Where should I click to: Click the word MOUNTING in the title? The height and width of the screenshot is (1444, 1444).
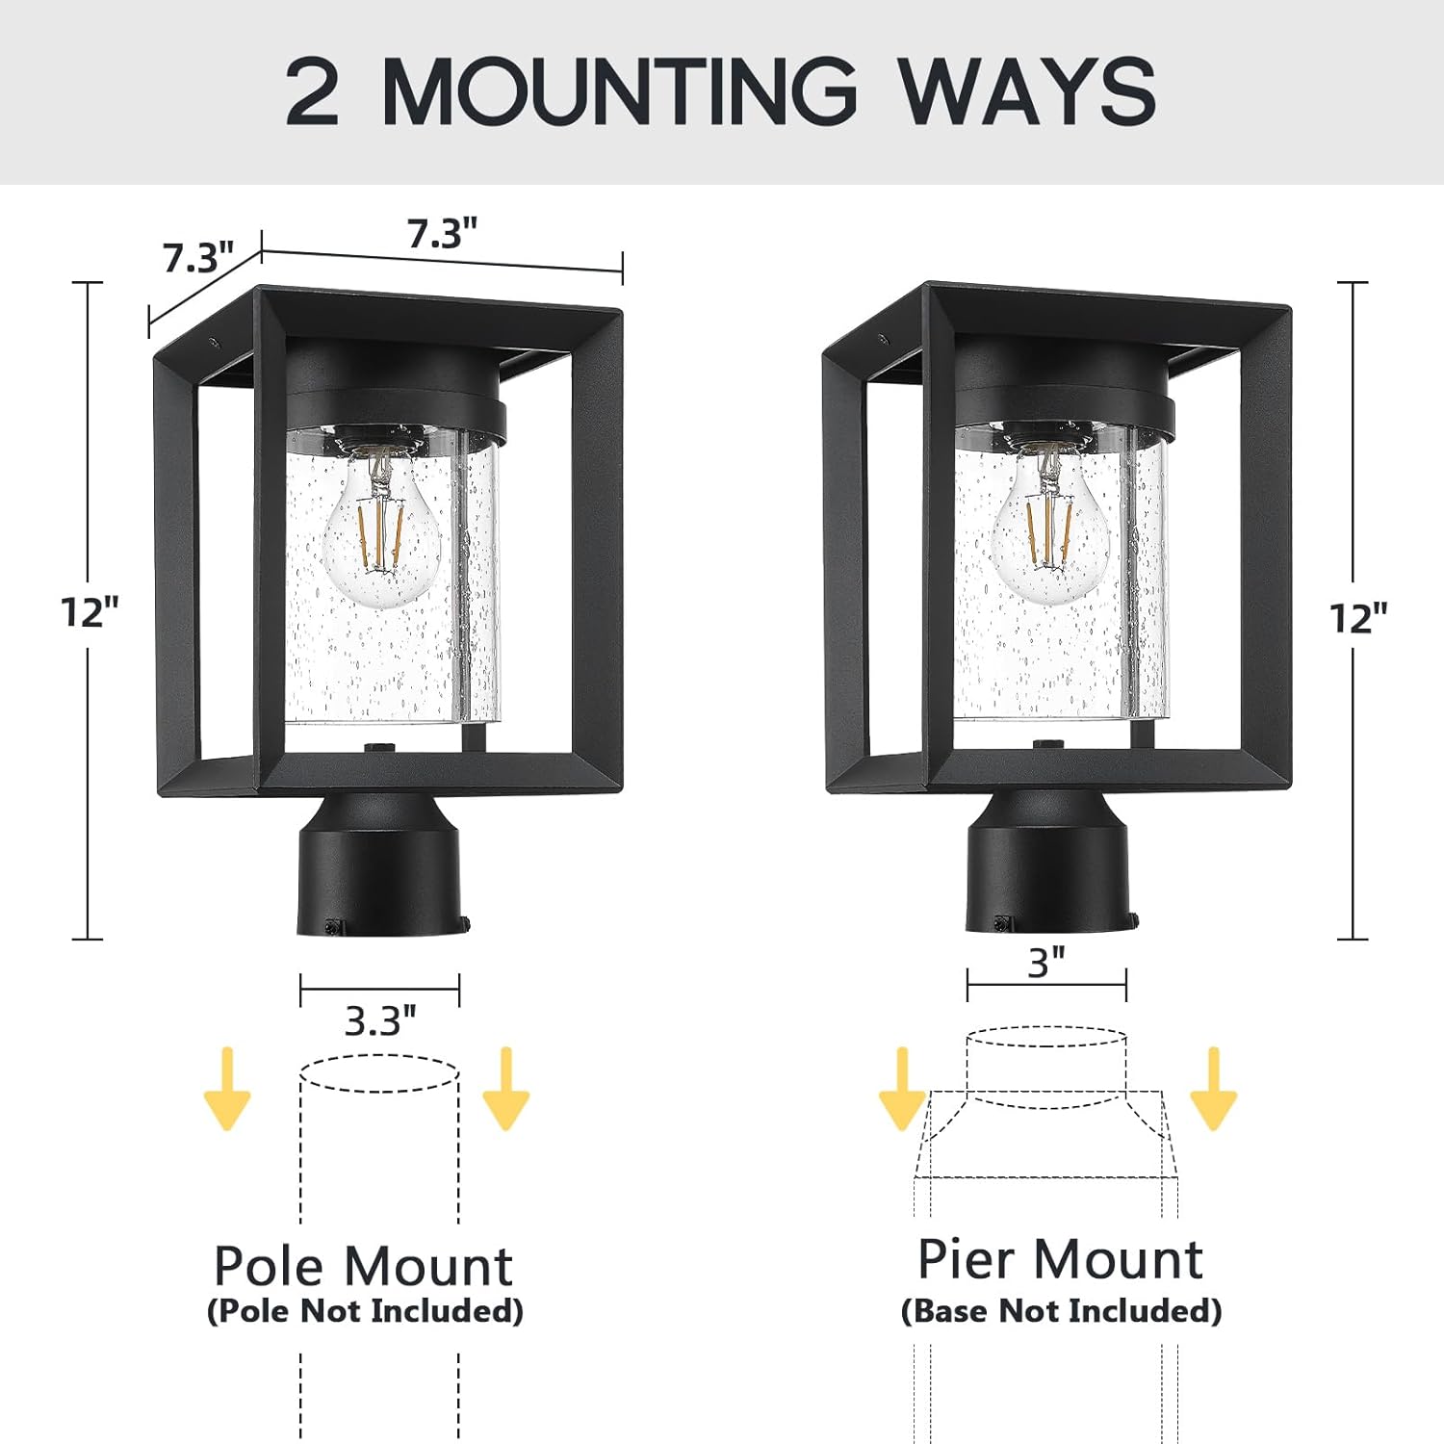pos(619,91)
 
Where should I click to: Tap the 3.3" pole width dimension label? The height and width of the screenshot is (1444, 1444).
pos(380,1020)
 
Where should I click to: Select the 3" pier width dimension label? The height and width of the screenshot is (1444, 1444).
pos(1046,962)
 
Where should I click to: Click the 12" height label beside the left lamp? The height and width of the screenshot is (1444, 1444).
pos(90,612)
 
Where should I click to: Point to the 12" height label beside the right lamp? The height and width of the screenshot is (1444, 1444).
pos(1358,618)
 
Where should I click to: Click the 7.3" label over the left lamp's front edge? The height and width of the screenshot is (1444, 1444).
pos(442,234)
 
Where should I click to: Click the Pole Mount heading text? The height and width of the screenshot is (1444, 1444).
pos(363,1265)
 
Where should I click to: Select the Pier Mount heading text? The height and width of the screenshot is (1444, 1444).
pos(1060,1258)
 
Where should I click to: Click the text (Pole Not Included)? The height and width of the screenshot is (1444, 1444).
pos(365,1310)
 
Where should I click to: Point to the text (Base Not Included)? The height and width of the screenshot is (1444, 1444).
pos(1061,1310)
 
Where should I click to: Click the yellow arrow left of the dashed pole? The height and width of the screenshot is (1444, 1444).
pos(227,1089)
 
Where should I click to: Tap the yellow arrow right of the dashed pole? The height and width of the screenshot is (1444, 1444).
pos(505,1089)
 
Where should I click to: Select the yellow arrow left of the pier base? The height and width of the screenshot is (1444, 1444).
pos(902,1089)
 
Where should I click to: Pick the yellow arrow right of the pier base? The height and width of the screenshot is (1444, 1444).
pos(1213,1089)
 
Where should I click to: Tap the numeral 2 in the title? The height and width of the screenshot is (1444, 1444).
pos(313,91)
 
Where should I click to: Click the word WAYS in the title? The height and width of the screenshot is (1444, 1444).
pos(1027,91)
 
